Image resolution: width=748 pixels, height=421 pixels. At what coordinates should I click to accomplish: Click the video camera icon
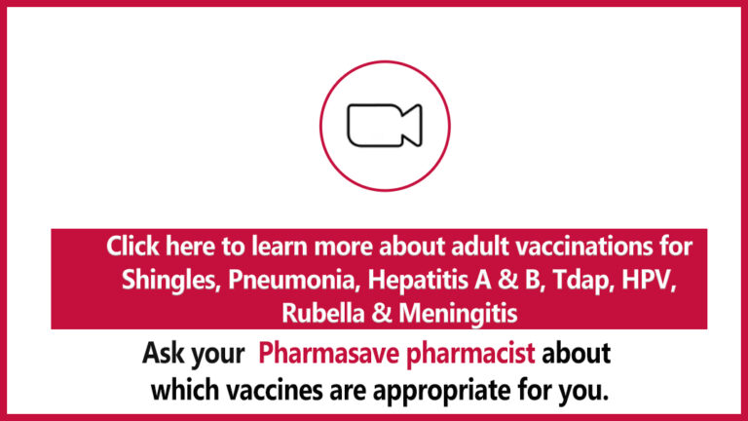pos(385,126)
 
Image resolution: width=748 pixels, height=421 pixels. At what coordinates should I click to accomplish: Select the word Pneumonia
pos(293,280)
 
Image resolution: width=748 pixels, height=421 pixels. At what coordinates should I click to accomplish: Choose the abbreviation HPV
pos(649,280)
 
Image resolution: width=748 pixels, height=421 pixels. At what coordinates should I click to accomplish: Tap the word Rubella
pos(322,314)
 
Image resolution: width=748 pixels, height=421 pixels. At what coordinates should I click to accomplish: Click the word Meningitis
pos(458,314)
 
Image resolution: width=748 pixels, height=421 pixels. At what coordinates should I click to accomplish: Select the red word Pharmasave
pos(328,353)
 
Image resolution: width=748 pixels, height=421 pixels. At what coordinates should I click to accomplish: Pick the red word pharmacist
pos(470,354)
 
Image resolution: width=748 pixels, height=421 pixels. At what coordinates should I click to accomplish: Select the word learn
pos(280,247)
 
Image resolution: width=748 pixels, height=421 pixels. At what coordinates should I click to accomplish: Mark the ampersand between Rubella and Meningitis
pos(381,314)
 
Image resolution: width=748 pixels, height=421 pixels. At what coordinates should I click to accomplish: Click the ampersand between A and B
pos(507,280)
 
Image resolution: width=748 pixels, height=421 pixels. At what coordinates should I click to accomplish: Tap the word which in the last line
pos(185,390)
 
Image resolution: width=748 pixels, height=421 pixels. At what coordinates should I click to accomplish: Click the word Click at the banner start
pos(132,247)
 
